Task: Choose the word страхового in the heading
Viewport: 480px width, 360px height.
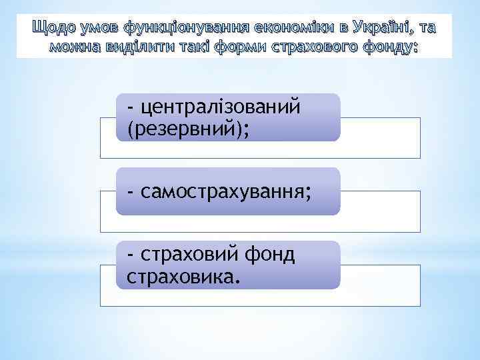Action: pos(315,47)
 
